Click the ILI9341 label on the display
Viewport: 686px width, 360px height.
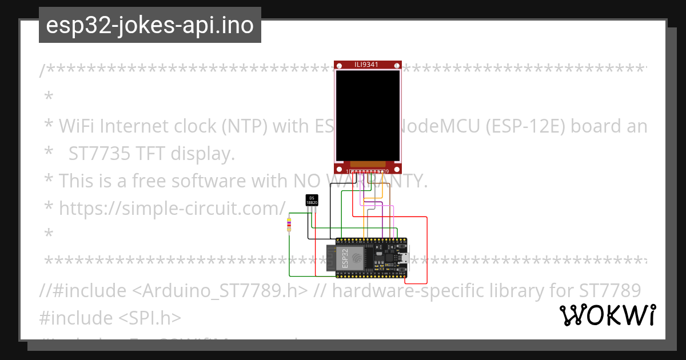(x=366, y=65)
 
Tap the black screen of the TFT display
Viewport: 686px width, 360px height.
(x=368, y=115)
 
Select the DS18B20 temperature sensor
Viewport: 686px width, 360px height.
(x=312, y=200)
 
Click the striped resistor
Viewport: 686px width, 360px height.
(x=289, y=226)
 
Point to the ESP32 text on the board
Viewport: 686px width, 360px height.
(x=345, y=258)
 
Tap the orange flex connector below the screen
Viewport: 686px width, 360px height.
(x=368, y=165)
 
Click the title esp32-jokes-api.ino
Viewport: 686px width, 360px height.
(x=150, y=25)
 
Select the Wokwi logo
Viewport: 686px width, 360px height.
(x=607, y=315)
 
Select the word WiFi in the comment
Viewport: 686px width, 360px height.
(x=77, y=126)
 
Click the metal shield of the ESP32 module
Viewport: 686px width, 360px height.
(x=357, y=258)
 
